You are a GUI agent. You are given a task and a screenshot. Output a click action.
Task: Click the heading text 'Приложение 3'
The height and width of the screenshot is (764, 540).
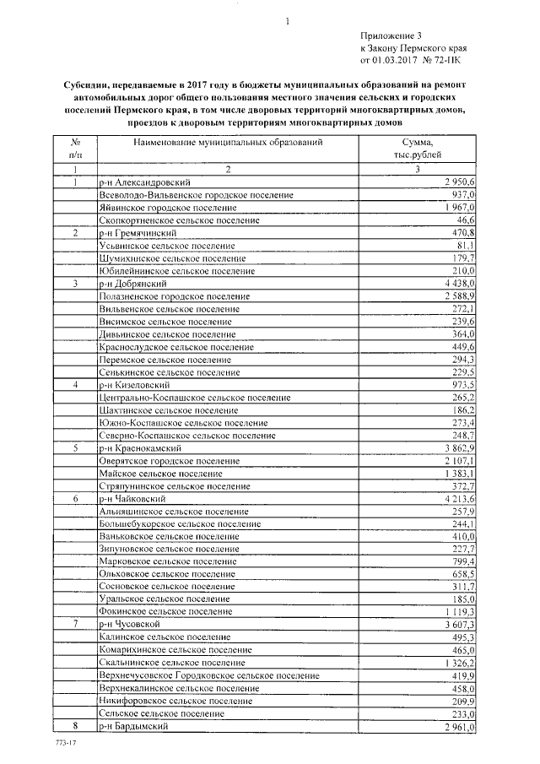390,35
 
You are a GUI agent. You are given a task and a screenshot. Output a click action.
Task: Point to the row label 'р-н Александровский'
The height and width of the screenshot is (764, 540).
143,182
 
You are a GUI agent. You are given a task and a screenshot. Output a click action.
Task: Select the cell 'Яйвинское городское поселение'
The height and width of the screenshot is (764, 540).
166,208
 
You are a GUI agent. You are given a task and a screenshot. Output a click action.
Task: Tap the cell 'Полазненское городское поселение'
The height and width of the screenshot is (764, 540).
175,296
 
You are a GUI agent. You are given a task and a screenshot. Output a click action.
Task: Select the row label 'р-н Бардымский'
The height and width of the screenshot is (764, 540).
134,727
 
